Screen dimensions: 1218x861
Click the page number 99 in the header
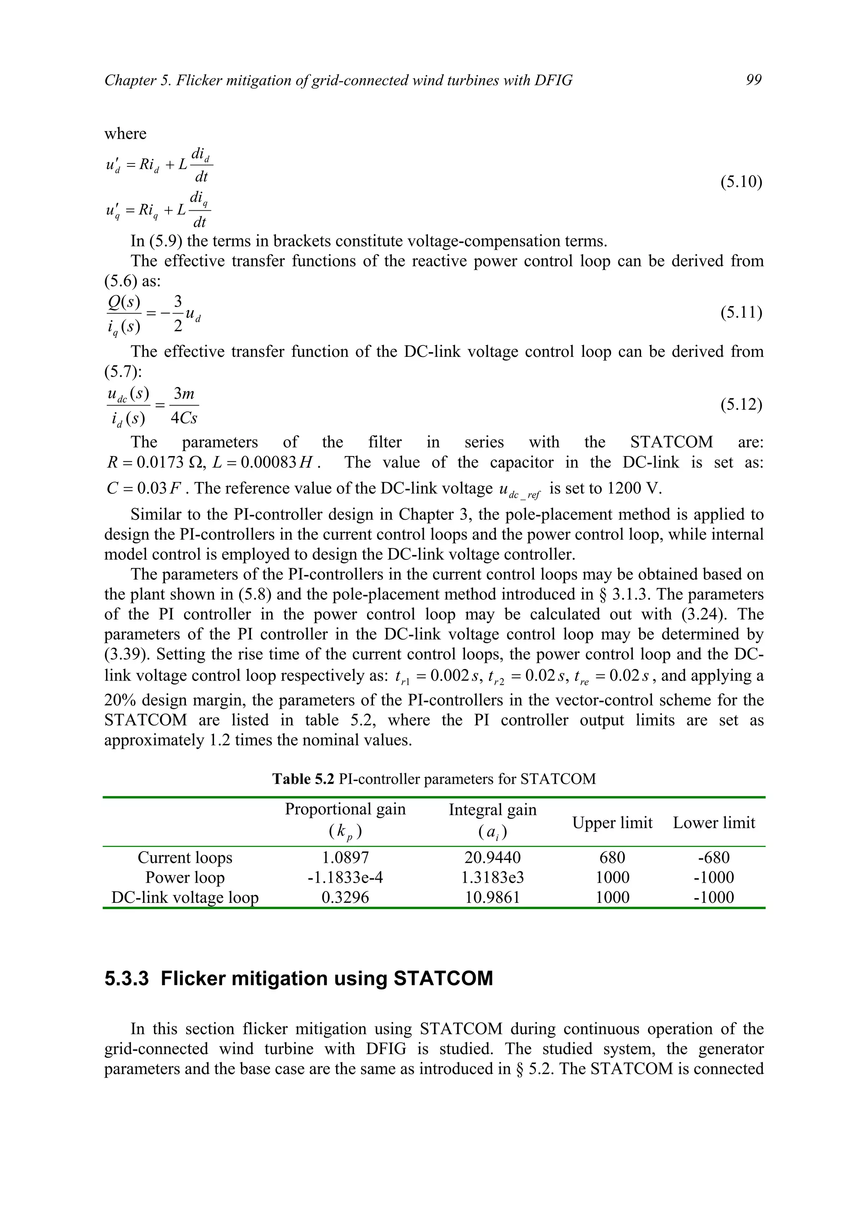point(753,80)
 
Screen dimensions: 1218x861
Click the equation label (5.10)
point(741,182)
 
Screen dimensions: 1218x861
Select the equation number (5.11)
point(741,312)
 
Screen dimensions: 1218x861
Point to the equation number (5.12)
point(741,404)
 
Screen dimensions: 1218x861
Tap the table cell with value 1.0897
point(345,857)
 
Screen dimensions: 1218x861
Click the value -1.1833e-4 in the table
point(345,878)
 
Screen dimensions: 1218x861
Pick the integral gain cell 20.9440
point(492,857)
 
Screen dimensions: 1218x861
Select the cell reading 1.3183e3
point(492,878)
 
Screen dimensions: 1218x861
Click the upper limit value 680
point(612,857)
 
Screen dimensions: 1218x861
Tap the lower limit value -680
point(713,857)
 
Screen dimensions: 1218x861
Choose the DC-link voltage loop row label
point(185,898)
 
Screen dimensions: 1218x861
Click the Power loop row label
point(185,878)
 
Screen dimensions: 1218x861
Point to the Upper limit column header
point(612,823)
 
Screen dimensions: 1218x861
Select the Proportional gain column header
point(345,809)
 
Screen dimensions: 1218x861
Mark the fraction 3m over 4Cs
point(184,406)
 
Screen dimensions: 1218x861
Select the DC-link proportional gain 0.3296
point(345,898)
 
